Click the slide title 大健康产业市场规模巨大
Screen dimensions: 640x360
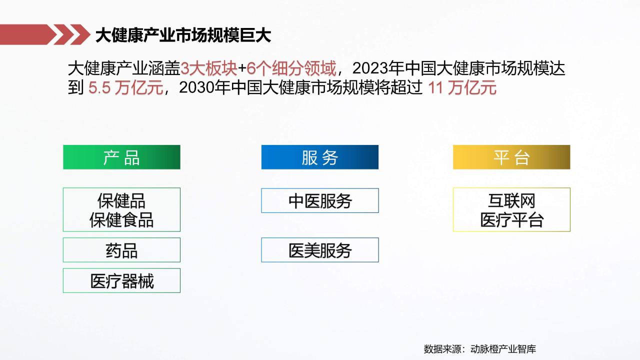[183, 35]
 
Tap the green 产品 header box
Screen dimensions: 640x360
[121, 157]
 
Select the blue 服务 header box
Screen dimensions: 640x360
[320, 157]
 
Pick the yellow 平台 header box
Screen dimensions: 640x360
[511, 157]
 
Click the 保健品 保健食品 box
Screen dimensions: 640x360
[121, 209]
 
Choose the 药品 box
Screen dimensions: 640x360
[121, 250]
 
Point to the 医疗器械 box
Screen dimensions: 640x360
[121, 280]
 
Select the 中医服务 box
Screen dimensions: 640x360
[320, 200]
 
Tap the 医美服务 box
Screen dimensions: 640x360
[320, 250]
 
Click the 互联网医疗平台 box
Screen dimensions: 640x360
[511, 209]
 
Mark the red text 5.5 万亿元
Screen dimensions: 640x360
[125, 87]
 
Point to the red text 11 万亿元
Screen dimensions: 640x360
[462, 87]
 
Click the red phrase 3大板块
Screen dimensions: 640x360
[209, 68]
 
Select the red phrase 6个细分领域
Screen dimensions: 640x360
[291, 68]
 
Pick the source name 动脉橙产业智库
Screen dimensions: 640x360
[503, 349]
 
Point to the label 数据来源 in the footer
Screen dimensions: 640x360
[442, 349]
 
